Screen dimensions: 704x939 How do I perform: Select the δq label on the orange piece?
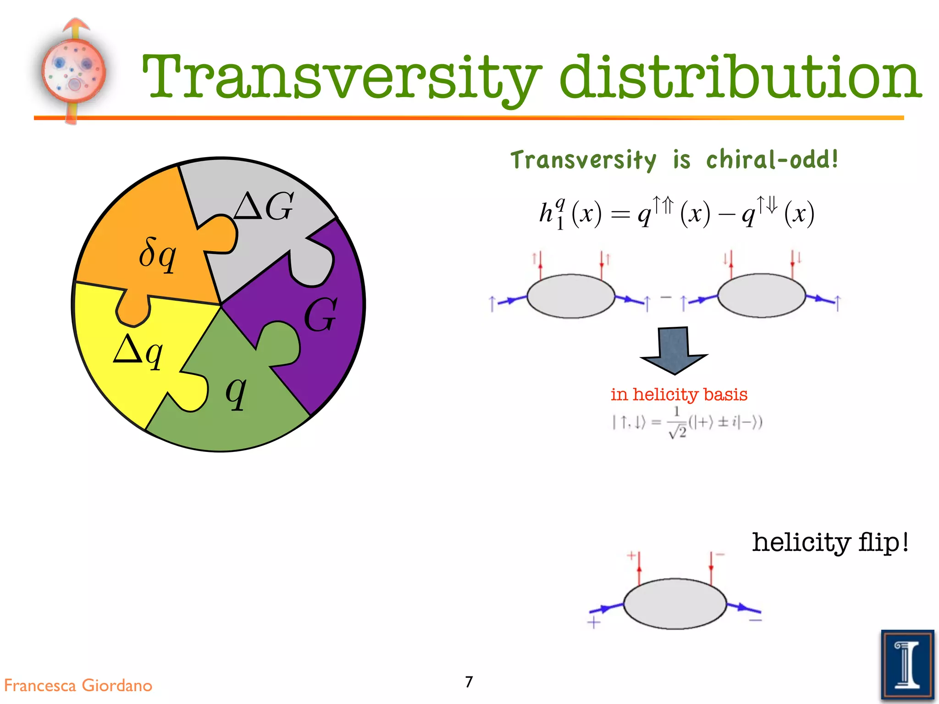157,255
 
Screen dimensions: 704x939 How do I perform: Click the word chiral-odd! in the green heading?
772,159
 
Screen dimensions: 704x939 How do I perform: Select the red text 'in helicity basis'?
679,394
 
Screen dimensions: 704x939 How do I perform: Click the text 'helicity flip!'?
830,542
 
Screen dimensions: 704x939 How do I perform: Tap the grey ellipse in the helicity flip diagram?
675,604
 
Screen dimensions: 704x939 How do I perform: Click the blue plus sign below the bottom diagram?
594,623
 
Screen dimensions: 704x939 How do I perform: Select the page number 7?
469,682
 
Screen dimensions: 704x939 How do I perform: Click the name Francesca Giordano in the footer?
78,685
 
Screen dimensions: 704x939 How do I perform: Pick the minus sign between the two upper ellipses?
665,297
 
